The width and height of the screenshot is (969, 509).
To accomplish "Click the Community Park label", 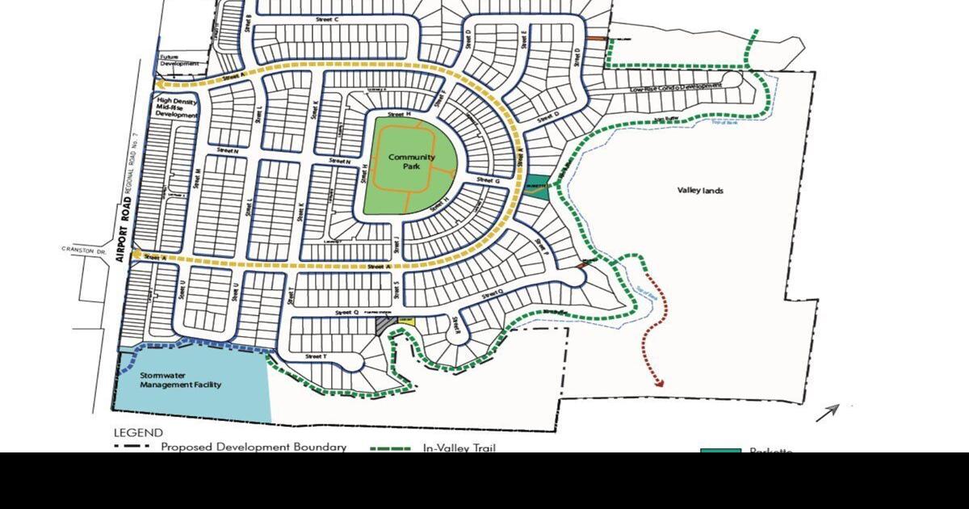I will [411, 162].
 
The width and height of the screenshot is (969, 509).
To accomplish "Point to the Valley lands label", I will [700, 191].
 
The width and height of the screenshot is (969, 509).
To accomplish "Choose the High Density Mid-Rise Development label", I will [177, 108].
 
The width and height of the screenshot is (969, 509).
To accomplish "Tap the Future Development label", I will [178, 60].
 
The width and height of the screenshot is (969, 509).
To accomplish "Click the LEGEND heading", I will [138, 433].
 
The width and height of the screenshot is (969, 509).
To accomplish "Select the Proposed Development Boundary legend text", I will [254, 447].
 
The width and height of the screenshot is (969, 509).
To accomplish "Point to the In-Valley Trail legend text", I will [459, 448].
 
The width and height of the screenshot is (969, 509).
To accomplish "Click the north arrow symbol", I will [827, 413].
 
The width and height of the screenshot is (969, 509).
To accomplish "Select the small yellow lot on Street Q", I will [406, 322].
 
